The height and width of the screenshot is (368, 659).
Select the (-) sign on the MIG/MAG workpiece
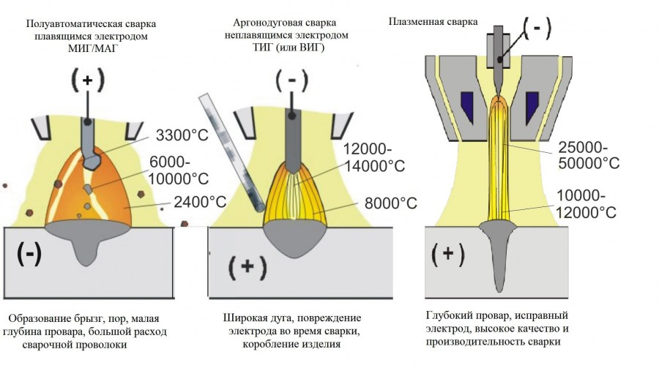29,253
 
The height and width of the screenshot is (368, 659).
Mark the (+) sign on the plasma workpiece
448,255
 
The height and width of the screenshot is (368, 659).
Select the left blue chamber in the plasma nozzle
466,103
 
